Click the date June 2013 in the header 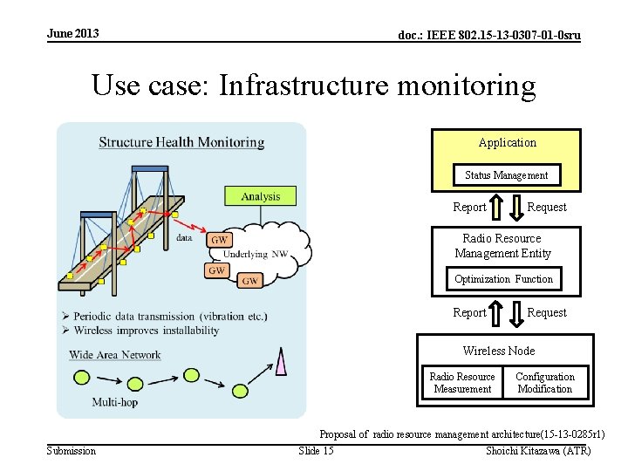pyautogui.click(x=72, y=33)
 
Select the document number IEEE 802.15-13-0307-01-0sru pyautogui.click(x=488, y=35)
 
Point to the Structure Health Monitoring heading pyautogui.click(x=181, y=142)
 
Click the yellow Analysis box pyautogui.click(x=260, y=196)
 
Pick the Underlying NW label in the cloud pyautogui.click(x=256, y=254)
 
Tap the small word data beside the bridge pyautogui.click(x=184, y=237)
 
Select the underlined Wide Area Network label pyautogui.click(x=115, y=355)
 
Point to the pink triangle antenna pyautogui.click(x=281, y=361)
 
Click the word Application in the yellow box pyautogui.click(x=507, y=142)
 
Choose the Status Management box pyautogui.click(x=506, y=175)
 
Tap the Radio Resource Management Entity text pyautogui.click(x=502, y=246)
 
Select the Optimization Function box pyautogui.click(x=503, y=279)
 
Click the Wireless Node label pyautogui.click(x=498, y=351)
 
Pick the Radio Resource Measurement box pyautogui.click(x=462, y=383)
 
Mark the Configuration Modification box pyautogui.click(x=544, y=383)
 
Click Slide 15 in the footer pyautogui.click(x=316, y=451)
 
